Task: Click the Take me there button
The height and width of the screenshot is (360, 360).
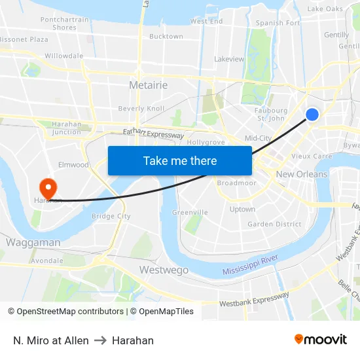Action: [180, 160]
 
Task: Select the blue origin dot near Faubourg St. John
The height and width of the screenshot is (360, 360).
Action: [312, 115]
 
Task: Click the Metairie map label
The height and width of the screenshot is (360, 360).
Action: [149, 85]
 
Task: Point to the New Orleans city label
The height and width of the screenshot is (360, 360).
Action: [302, 174]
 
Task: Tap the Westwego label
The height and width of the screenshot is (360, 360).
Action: [164, 270]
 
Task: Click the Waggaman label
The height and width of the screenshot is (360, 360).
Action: [33, 242]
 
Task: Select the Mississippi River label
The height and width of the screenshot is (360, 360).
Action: [250, 265]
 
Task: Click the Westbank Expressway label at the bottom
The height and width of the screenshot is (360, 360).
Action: [254, 300]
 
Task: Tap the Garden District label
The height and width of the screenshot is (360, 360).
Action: [274, 224]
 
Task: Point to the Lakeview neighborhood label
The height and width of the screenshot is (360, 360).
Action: [229, 59]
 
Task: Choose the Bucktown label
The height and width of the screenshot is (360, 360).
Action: [166, 37]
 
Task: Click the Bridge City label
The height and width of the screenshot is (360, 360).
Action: [111, 216]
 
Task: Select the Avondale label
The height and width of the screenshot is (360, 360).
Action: [47, 260]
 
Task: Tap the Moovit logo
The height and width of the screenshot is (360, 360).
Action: [321, 339]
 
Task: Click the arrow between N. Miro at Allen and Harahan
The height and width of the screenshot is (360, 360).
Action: [100, 340]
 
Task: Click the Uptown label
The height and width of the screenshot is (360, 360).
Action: [242, 209]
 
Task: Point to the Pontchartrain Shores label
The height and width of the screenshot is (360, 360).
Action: [64, 24]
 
